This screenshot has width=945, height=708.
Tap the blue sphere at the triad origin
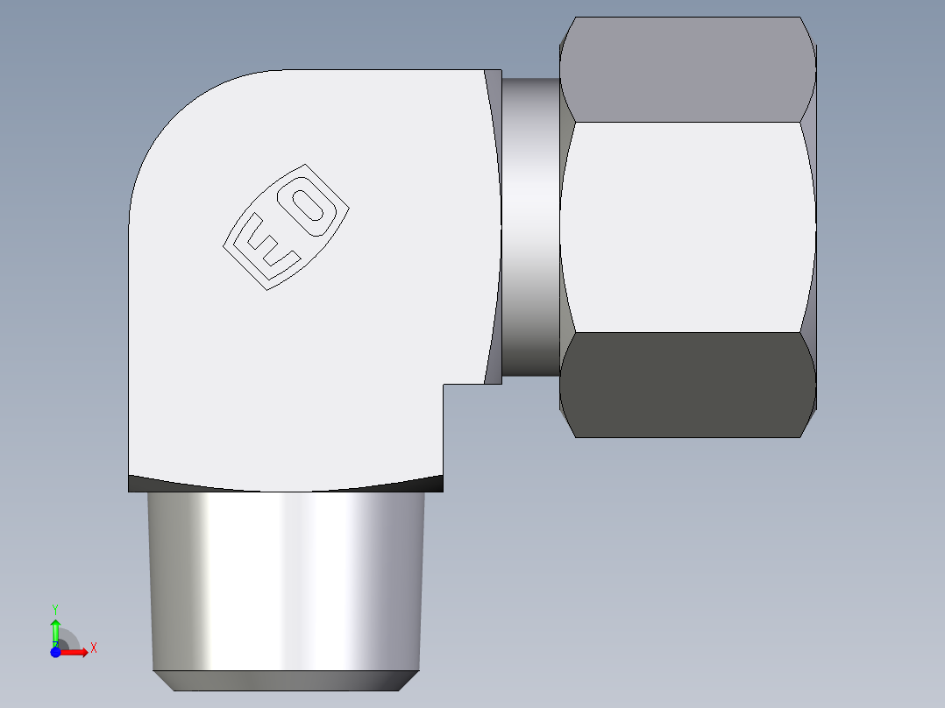coord(55,652)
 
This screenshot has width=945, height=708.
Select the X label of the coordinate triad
coord(93,648)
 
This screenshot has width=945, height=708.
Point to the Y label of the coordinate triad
coord(55,608)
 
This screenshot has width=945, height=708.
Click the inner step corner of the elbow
coord(444,385)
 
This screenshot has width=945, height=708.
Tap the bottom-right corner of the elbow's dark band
coord(443,489)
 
